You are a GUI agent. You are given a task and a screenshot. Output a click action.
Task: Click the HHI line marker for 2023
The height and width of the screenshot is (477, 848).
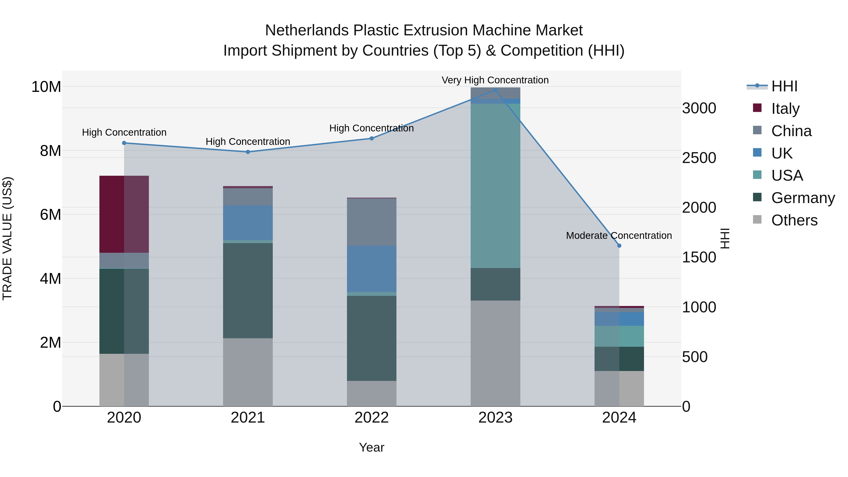coord(495,90)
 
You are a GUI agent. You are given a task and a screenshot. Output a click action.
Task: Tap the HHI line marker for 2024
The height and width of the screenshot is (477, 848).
coord(619,246)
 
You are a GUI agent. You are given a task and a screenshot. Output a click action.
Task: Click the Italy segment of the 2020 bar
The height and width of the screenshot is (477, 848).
coord(124,214)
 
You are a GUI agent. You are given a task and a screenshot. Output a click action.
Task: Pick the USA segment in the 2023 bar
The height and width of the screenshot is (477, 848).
coord(495,186)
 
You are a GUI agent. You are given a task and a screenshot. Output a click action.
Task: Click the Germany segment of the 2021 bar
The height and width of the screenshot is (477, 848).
coord(248,290)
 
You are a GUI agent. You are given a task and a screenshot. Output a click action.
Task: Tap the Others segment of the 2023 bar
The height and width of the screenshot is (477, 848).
coord(495,353)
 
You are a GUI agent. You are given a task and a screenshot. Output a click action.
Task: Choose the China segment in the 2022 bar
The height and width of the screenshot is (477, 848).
coord(372,222)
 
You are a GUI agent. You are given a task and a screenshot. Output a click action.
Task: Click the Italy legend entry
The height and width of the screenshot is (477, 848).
coord(785,108)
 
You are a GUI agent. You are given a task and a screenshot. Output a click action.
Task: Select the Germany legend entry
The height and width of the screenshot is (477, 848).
coord(803,198)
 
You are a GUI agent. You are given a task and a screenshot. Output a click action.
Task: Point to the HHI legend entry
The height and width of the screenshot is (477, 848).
coord(784,86)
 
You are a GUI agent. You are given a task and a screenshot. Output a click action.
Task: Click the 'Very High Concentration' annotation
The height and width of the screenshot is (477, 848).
coord(495,80)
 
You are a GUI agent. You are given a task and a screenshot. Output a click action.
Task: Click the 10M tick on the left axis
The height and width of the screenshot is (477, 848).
coord(46,87)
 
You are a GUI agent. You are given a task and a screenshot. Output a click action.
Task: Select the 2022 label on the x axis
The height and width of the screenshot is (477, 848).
coord(372,417)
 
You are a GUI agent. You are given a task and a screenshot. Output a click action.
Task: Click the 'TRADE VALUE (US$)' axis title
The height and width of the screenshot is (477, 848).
coord(7,238)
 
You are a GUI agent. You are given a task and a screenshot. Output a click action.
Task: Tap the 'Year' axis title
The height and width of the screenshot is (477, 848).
coord(372,447)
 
